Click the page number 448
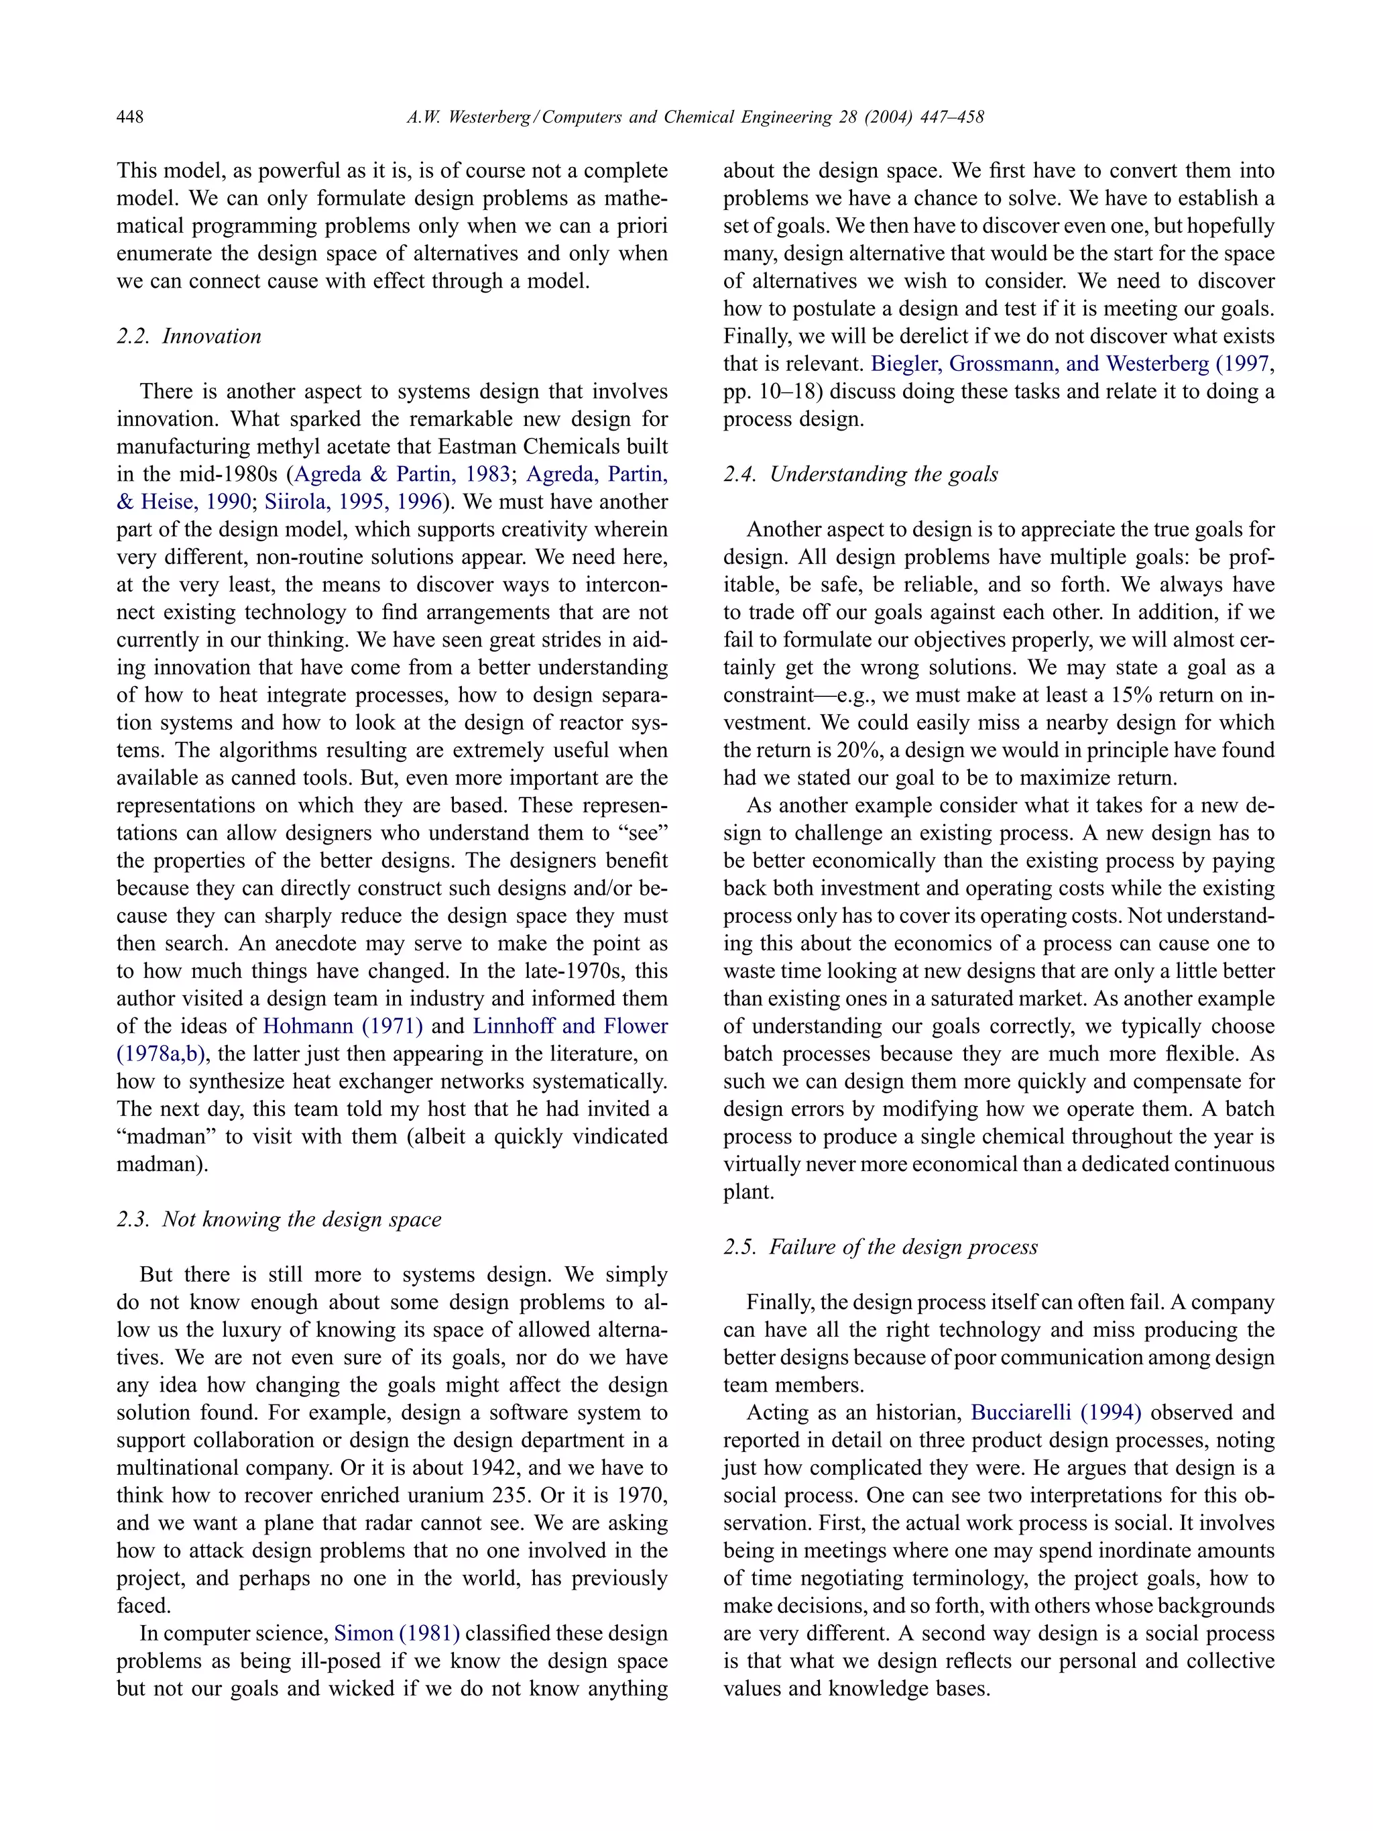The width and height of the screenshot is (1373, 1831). [130, 117]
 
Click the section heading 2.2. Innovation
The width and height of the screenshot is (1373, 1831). [188, 336]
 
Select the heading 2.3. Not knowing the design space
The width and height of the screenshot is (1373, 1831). [279, 1219]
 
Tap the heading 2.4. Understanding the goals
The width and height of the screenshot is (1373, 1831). [861, 474]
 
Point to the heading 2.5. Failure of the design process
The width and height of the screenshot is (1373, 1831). [880, 1247]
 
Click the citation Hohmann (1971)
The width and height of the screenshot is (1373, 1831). [343, 1026]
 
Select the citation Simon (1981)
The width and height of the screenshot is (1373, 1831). [396, 1633]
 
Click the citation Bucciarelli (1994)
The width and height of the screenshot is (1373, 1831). [1056, 1412]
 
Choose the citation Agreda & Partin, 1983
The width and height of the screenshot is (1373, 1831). [402, 474]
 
